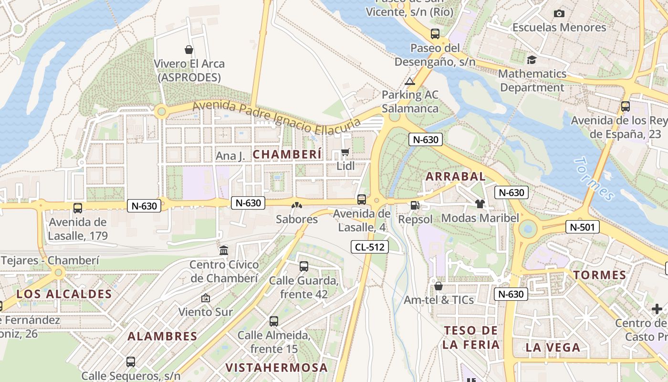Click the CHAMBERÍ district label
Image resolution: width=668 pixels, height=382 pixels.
[x=287, y=154]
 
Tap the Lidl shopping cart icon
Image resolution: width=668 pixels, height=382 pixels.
[x=345, y=152]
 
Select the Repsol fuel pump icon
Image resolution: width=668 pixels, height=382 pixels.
[x=415, y=205]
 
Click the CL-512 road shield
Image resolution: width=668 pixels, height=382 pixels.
[x=370, y=247]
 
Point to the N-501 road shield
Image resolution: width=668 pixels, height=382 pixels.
[x=582, y=227]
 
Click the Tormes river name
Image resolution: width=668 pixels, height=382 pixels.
[x=595, y=179]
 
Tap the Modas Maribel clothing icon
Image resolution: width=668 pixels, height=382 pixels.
[x=480, y=204]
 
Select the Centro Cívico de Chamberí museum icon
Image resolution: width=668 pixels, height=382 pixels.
[x=224, y=250]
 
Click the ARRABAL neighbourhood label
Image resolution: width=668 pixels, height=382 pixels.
[x=455, y=176]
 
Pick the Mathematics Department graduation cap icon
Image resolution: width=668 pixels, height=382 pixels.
[x=532, y=60]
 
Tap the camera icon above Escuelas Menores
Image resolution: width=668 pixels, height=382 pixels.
[x=559, y=13]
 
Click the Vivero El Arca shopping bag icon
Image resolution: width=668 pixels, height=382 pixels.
[x=189, y=49]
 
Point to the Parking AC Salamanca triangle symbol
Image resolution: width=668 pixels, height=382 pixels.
[x=410, y=81]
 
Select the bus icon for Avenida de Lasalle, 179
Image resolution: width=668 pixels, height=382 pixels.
[x=78, y=208]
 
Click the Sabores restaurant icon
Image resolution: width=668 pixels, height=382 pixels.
[x=297, y=205]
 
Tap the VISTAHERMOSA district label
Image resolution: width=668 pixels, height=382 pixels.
[x=276, y=368]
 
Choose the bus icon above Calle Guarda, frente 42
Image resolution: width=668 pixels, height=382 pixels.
[x=304, y=266]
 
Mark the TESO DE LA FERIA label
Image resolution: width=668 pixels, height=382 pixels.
[x=470, y=337]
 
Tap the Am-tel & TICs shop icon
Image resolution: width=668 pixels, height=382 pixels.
[x=438, y=286]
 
